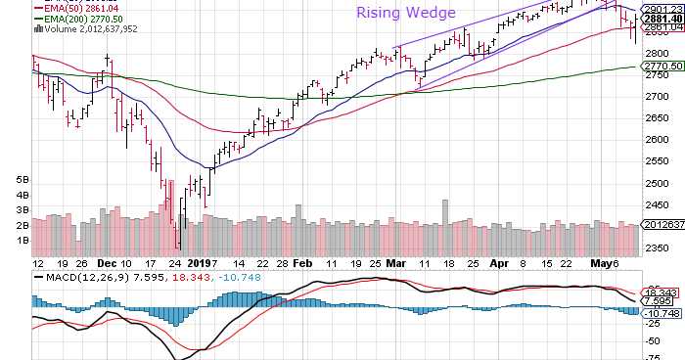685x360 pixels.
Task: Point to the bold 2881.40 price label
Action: point(662,18)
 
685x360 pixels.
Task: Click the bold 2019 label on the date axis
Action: point(200,264)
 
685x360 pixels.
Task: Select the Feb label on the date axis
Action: point(302,264)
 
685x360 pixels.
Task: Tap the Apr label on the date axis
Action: point(499,264)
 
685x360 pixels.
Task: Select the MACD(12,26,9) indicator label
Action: point(74,277)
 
